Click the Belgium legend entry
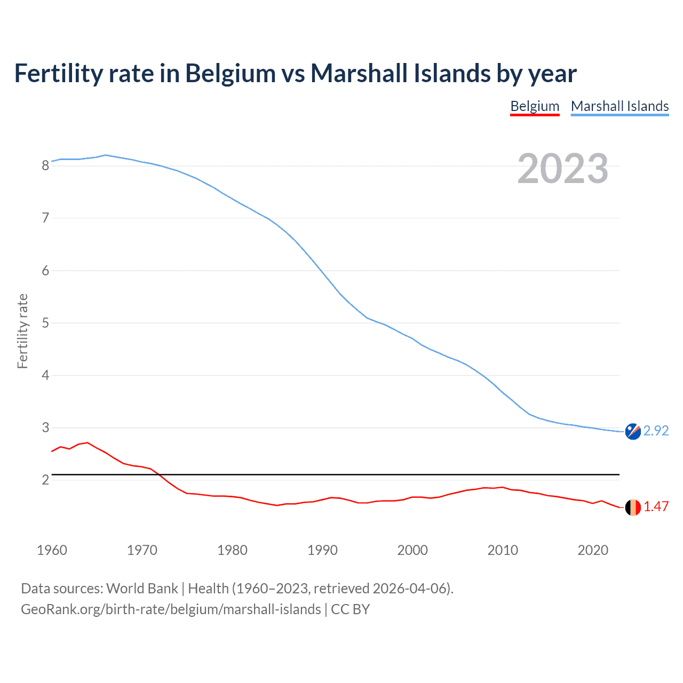(535, 106)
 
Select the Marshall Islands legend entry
(620, 106)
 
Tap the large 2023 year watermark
(562, 169)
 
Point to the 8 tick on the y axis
(45, 165)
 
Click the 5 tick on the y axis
(45, 323)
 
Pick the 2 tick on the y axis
(45, 480)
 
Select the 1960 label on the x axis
(52, 550)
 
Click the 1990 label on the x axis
(322, 550)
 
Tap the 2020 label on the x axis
(593, 550)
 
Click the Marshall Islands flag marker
(633, 431)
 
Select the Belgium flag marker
(633, 507)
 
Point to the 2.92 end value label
(656, 431)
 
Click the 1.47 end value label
(656, 507)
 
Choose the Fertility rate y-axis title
(22, 331)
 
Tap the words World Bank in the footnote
(142, 589)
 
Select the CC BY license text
(351, 609)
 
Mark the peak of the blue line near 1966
(106, 155)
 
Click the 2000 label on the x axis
(412, 550)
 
